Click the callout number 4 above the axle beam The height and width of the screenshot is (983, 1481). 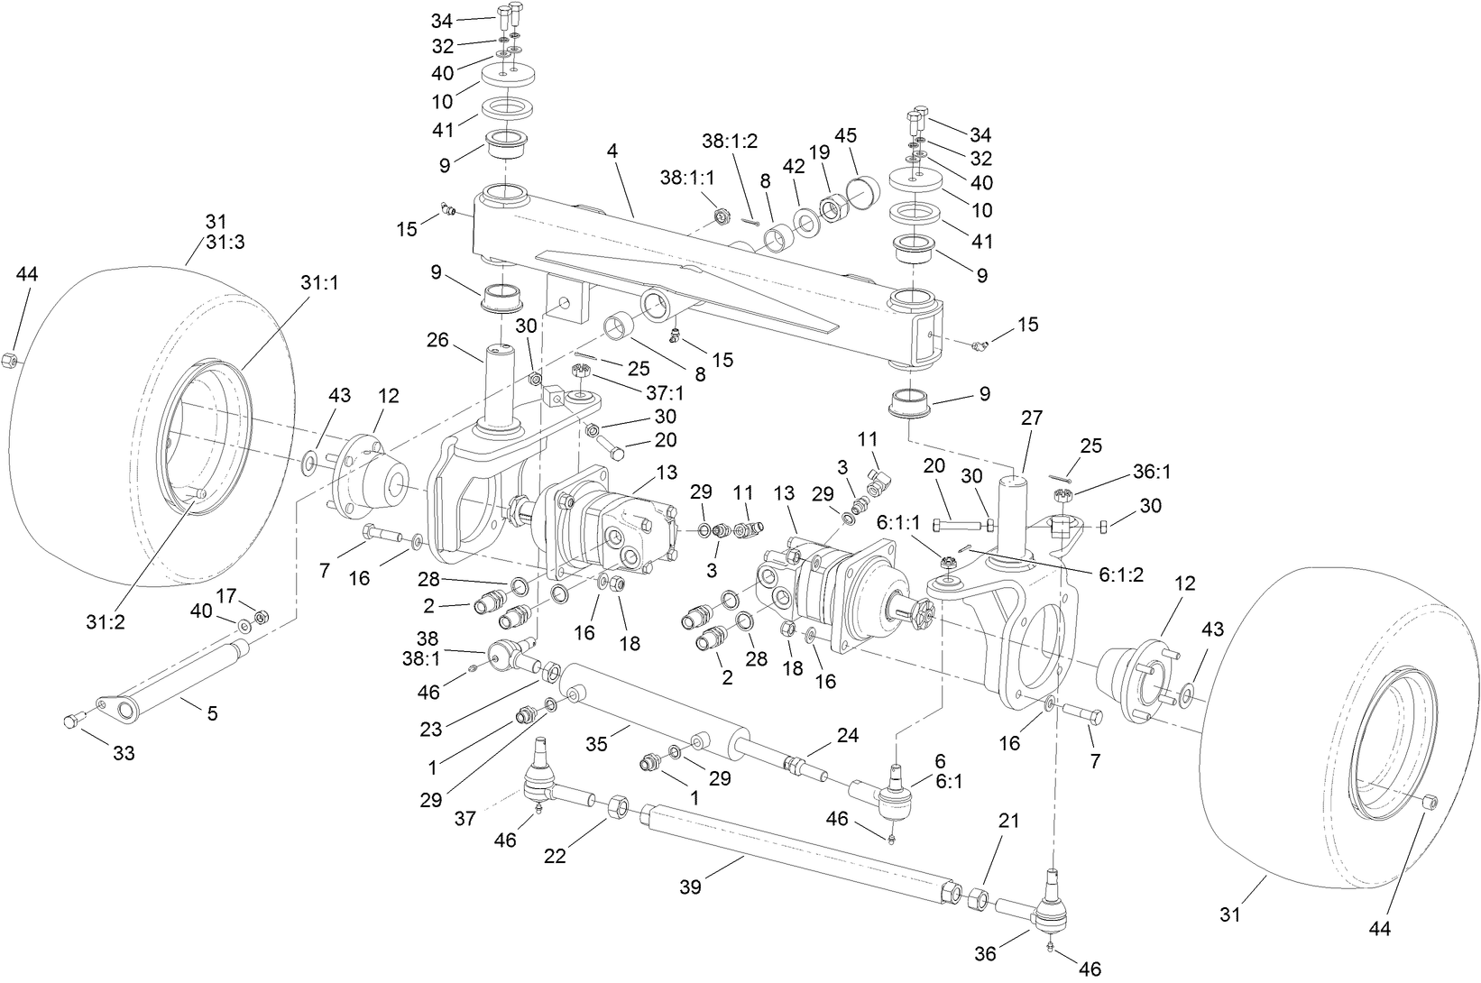(612, 152)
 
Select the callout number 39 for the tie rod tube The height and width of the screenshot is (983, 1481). (693, 888)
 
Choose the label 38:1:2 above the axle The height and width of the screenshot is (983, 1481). (730, 141)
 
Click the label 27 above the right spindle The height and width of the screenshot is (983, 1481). (1031, 418)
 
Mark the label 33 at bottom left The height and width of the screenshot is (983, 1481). (124, 752)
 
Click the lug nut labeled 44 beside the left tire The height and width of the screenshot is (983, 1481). (7, 360)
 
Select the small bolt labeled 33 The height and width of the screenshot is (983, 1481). (72, 720)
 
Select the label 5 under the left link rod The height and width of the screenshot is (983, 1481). (212, 712)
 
